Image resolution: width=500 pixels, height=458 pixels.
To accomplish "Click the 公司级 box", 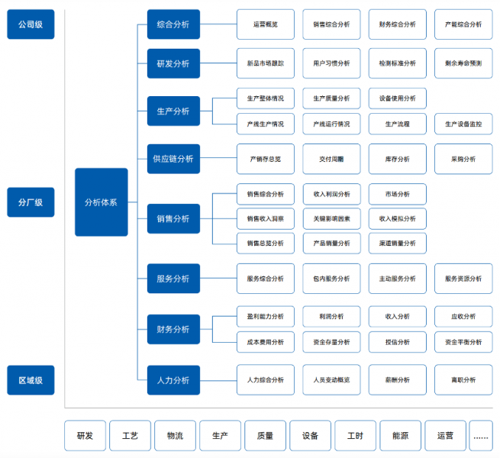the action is (x=31, y=24).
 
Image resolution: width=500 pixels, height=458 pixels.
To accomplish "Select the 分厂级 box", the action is (x=31, y=202).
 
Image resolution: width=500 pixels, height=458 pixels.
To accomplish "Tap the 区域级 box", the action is (x=31, y=380).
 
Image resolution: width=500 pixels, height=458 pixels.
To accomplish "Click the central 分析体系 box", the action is (x=102, y=202).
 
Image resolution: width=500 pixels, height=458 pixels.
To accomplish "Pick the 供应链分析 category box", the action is (x=173, y=159).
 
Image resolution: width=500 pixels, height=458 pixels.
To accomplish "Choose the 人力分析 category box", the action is (x=173, y=380).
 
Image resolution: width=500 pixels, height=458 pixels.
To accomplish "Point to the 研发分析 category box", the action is (x=173, y=63).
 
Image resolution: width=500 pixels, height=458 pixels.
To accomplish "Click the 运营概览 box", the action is (x=266, y=24).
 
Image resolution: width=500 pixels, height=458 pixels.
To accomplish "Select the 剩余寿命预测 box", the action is (x=463, y=63).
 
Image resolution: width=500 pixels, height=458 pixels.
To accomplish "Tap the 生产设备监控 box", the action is (x=463, y=124).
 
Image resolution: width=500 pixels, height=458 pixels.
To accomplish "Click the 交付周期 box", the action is (x=331, y=159).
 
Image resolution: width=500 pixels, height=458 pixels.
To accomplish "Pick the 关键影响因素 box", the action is (x=331, y=219).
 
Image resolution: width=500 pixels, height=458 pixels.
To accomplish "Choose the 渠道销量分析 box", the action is (x=397, y=244).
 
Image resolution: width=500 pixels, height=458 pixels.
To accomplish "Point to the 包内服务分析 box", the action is (x=331, y=279).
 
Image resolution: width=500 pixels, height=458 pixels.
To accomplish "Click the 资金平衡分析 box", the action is (x=463, y=342).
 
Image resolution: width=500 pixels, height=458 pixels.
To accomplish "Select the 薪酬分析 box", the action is (x=397, y=380).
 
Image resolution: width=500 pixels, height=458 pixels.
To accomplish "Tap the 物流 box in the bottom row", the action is (x=175, y=436).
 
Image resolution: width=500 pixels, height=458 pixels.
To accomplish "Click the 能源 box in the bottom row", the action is (x=400, y=436).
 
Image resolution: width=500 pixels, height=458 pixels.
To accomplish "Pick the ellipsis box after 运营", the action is (x=481, y=436).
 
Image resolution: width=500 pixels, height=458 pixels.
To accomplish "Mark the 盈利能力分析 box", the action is (x=266, y=316).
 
